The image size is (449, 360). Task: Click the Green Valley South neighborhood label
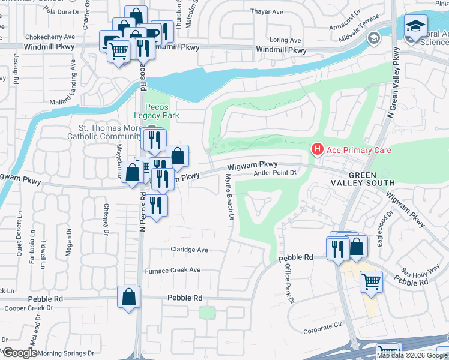363,178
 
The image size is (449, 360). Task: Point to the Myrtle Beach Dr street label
228,197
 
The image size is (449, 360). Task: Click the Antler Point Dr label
276,173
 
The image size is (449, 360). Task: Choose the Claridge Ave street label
189,250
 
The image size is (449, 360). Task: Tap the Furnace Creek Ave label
173,271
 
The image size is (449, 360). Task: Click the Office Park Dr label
288,281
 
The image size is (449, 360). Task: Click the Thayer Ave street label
267,12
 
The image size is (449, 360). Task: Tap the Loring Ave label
285,40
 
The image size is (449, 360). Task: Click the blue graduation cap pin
414,27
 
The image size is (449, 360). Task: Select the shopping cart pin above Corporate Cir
372,281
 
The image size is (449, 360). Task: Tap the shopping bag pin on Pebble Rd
129,297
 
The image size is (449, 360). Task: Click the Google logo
20,353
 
